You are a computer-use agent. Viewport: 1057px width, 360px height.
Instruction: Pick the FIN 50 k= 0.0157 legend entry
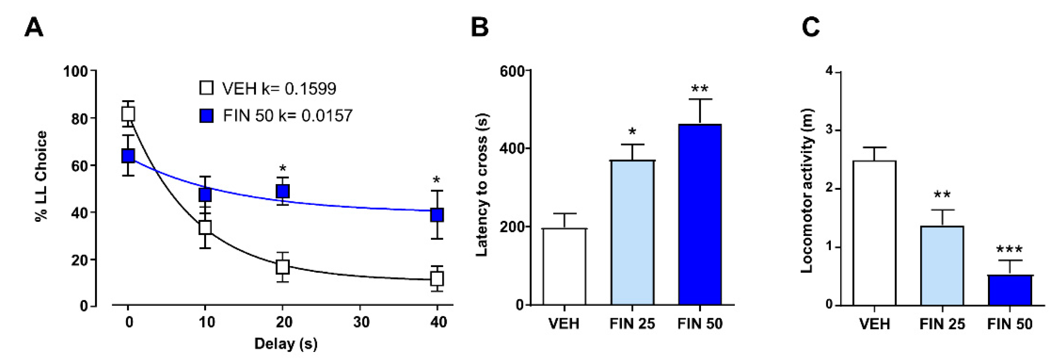276,116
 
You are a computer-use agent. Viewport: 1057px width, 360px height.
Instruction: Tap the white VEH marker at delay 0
128,114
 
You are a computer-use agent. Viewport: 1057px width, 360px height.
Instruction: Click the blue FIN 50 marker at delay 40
437,215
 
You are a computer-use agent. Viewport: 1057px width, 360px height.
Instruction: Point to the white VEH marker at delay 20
283,267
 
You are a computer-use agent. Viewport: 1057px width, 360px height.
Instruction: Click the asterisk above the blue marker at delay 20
283,169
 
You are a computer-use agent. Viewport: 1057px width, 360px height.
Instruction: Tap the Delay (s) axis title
286,343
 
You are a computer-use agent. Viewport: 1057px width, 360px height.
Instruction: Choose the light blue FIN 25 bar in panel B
632,232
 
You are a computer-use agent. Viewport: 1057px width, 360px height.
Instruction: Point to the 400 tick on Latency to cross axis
512,149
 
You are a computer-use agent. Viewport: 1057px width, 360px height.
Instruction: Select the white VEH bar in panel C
874,233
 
